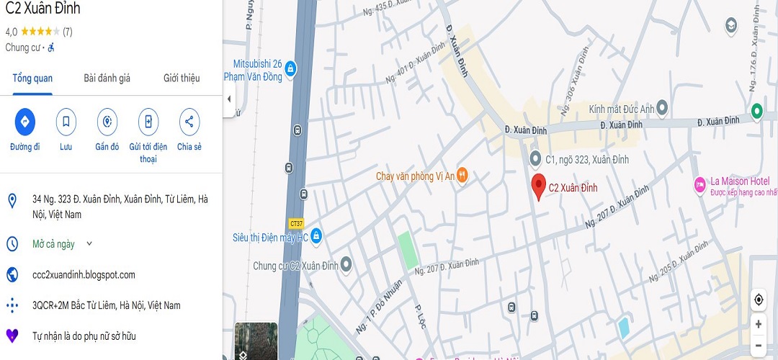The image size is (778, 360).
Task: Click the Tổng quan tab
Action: click(32, 78)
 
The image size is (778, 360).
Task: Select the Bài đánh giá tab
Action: click(107, 78)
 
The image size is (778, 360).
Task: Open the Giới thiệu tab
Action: click(182, 78)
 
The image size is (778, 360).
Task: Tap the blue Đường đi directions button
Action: click(25, 122)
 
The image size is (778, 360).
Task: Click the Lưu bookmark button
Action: click(66, 122)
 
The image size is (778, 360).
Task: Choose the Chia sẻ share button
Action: click(189, 122)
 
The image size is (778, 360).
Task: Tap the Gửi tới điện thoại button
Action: click(148, 122)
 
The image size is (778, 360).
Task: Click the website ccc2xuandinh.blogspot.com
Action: click(84, 275)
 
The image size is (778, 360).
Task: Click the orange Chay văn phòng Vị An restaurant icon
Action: click(462, 176)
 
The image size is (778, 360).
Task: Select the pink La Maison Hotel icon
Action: click(699, 185)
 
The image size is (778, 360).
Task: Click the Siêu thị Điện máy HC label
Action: click(269, 237)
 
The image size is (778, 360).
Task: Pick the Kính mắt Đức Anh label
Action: click(621, 109)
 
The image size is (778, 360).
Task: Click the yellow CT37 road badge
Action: click(295, 223)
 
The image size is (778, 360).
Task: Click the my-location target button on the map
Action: click(759, 300)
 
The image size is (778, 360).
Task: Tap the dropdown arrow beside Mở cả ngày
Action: click(89, 244)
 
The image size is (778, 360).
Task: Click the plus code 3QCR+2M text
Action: click(106, 305)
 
